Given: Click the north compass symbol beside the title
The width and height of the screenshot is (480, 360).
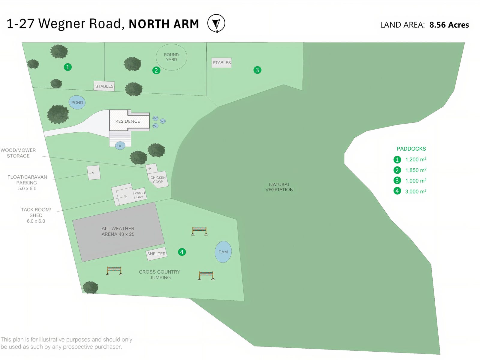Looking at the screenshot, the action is coord(216,23).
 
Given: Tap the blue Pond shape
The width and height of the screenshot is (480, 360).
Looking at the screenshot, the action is coord(77,103).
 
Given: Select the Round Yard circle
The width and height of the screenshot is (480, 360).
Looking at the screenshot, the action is coord(171,57).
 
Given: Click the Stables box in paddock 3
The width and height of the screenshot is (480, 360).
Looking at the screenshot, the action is coord(221,63).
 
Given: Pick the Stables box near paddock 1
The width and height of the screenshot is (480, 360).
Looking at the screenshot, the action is coord(104,86).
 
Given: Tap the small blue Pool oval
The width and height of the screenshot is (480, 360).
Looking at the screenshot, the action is coord(120,146).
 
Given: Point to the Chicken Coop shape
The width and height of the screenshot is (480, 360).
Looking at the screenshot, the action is coord(158,179).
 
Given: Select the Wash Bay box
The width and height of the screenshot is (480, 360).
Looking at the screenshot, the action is coord(140,195).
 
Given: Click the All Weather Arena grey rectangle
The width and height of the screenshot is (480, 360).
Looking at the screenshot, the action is coord(118,232).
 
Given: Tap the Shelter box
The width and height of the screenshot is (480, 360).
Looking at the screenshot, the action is coord(156,254).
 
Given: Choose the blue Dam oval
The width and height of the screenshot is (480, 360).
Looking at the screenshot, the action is coord(223,252).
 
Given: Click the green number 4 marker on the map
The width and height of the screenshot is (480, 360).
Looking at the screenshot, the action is coord(182,252).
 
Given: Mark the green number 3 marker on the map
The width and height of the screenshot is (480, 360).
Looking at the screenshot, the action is coord(257,70).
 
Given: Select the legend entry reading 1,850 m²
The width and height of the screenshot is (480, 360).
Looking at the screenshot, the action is coord(415,170).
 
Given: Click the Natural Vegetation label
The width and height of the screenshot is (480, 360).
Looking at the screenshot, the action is coord(279,187).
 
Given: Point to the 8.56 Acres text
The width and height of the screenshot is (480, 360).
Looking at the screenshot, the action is coord(449,25).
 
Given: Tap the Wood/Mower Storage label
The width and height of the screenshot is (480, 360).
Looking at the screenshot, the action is coord(18,153).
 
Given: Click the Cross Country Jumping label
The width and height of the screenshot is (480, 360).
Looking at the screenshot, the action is coord(160,274).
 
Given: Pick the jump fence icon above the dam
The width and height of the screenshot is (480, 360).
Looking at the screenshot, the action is coord(199,231).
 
